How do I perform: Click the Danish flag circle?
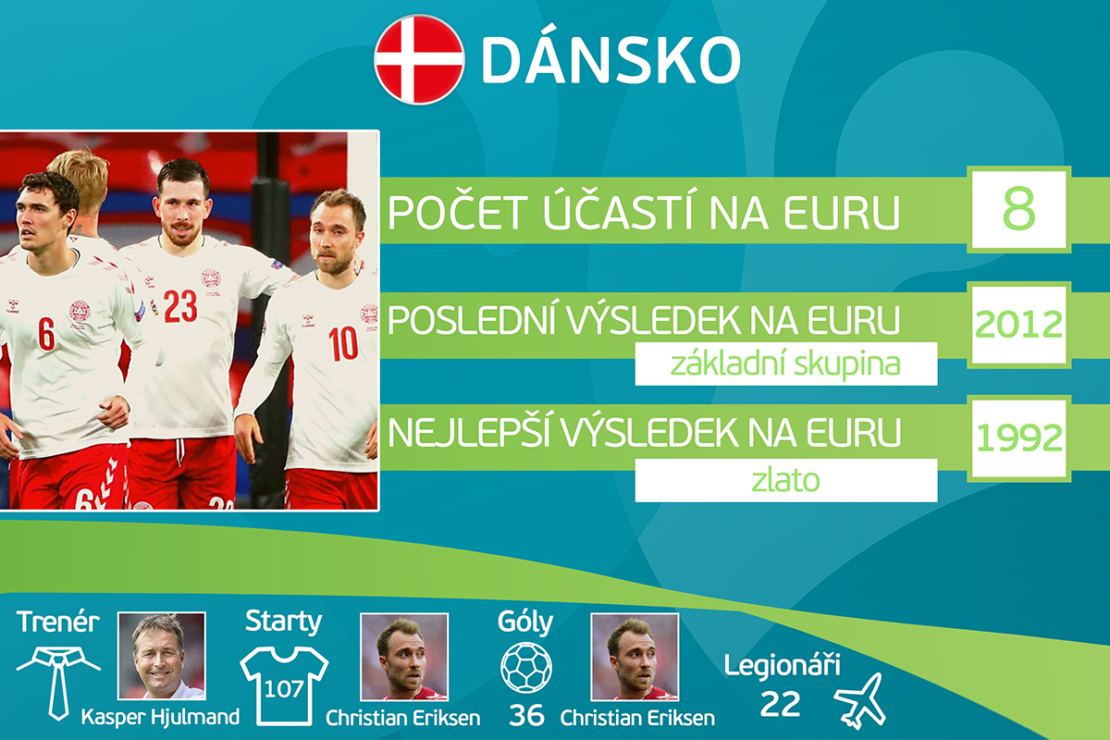point(419,60)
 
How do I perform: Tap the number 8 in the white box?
point(1018,208)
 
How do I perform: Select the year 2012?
point(1018,325)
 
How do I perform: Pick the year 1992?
point(1018,438)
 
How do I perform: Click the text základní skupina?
point(785,364)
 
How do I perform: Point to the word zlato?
point(785,480)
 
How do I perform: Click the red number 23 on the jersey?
point(180,306)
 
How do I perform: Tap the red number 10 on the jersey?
point(343,342)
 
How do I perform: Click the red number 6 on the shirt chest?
point(46,334)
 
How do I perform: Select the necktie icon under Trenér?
point(58,683)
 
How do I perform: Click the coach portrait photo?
point(162,656)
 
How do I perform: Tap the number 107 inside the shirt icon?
point(283,689)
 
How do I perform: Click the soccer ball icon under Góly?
point(525,667)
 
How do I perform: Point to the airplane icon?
point(859,701)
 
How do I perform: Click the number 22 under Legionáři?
point(780,704)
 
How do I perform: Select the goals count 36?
point(526,716)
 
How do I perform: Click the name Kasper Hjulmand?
point(160,717)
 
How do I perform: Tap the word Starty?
point(283,622)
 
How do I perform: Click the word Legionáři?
point(782,665)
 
